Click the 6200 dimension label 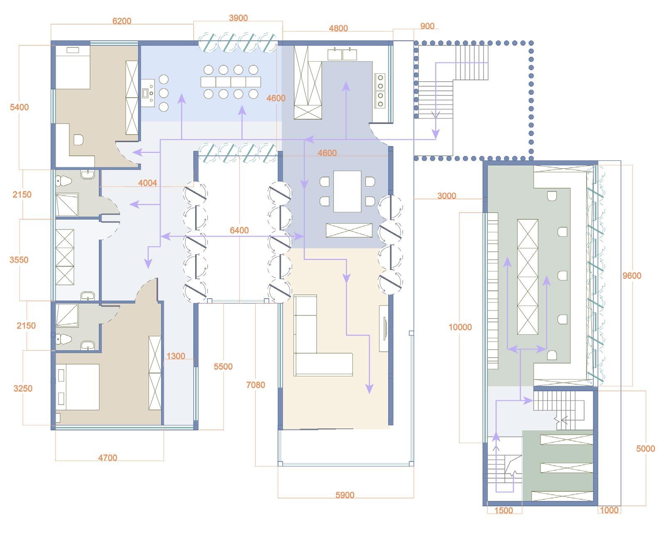point(122,21)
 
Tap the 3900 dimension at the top point(238,18)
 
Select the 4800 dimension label point(338,29)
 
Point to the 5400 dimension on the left point(20,107)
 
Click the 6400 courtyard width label point(239,231)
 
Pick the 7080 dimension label point(255,385)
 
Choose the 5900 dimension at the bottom point(345,495)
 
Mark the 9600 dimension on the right point(631,276)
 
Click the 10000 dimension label point(460,327)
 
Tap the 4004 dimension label point(147,183)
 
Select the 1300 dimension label point(176,356)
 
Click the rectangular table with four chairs point(347,191)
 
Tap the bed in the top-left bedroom point(73,66)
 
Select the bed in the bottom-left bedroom point(78,387)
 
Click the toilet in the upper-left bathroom point(64,181)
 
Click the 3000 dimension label point(447,196)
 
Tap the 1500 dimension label point(503,511)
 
